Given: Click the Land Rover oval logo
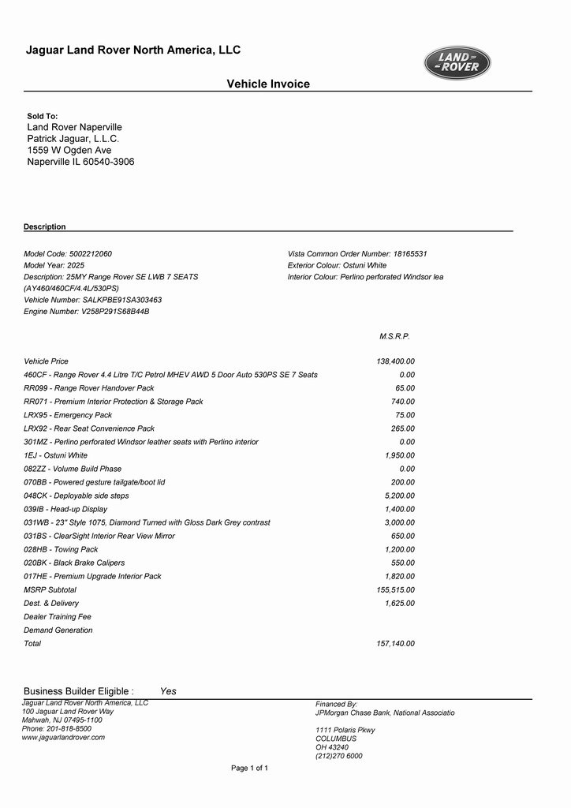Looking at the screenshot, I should (x=457, y=63).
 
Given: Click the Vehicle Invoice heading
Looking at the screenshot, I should (x=268, y=84).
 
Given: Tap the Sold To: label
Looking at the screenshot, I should (x=43, y=116).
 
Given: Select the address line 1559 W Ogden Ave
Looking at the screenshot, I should (x=69, y=150).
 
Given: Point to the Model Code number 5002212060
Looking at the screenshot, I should (x=91, y=254).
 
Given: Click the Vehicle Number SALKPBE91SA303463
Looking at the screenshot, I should (x=122, y=300).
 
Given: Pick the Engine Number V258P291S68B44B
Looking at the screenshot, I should (x=115, y=312).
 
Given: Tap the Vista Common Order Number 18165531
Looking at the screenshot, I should (x=410, y=254).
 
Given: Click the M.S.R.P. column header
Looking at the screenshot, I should (x=394, y=336).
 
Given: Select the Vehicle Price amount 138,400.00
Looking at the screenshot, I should (x=396, y=361).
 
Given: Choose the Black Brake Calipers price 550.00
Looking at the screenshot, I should (x=403, y=563).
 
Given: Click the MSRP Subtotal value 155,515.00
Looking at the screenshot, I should (x=396, y=589).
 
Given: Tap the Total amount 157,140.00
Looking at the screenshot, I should (x=396, y=644).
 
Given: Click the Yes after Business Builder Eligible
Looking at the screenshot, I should (x=168, y=691).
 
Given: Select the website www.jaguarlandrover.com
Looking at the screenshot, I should (x=63, y=738).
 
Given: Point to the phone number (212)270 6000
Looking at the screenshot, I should (x=339, y=756).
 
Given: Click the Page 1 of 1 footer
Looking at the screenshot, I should (x=249, y=768).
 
